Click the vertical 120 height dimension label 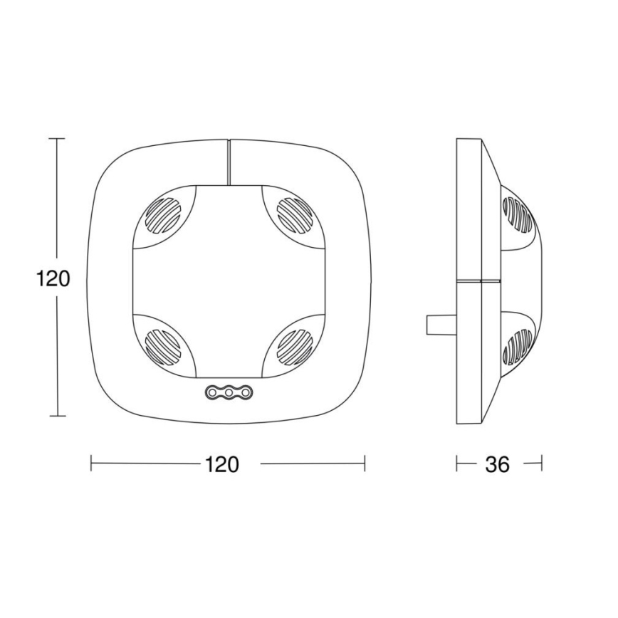click(x=53, y=278)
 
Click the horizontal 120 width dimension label click(x=222, y=464)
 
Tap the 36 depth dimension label click(x=498, y=464)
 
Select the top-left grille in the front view click(x=164, y=214)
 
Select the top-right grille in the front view click(x=293, y=214)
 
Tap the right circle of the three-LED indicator click(x=243, y=392)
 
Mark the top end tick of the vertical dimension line click(x=56, y=139)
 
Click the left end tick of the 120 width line click(x=91, y=463)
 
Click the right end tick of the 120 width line click(x=365, y=463)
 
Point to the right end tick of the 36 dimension click(x=541, y=463)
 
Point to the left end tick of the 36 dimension click(x=456, y=463)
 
